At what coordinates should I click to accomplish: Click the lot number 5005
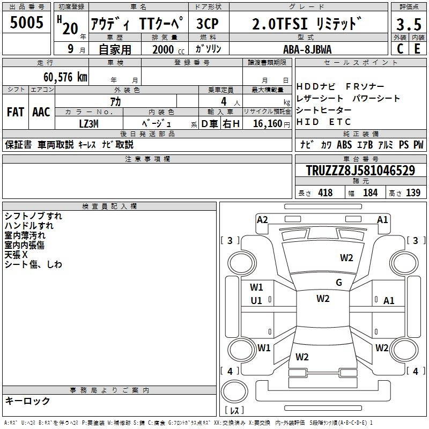[x=26, y=22]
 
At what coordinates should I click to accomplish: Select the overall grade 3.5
[x=409, y=24]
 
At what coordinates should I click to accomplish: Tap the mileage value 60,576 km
[x=65, y=77]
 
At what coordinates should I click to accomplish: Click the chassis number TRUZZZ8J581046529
[x=360, y=170]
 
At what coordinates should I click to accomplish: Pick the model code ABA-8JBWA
[x=307, y=49]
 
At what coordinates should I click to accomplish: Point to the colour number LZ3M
[x=88, y=124]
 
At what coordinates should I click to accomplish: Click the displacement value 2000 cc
[x=168, y=49]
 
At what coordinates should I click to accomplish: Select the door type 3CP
[x=208, y=24]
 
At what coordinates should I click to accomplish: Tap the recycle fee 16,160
[x=268, y=124]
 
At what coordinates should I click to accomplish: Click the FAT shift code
[x=16, y=112]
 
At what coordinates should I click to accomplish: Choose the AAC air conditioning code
[x=41, y=112]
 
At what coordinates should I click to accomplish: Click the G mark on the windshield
[x=339, y=283]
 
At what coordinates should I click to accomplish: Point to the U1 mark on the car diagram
[x=256, y=301]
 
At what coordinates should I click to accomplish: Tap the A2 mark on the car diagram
[x=262, y=220]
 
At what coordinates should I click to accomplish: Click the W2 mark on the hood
[x=346, y=258]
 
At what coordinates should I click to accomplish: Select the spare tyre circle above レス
[x=234, y=391]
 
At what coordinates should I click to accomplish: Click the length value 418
[x=326, y=193]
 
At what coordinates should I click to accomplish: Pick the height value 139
[x=413, y=193]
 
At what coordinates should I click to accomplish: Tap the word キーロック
[x=27, y=401]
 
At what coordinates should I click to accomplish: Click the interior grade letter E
[x=418, y=49]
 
